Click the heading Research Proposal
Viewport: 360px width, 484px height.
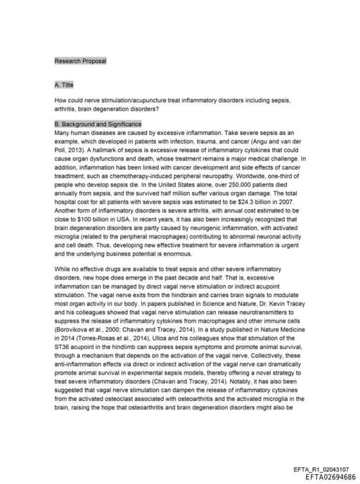80,61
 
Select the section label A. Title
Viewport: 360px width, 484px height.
64,85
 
